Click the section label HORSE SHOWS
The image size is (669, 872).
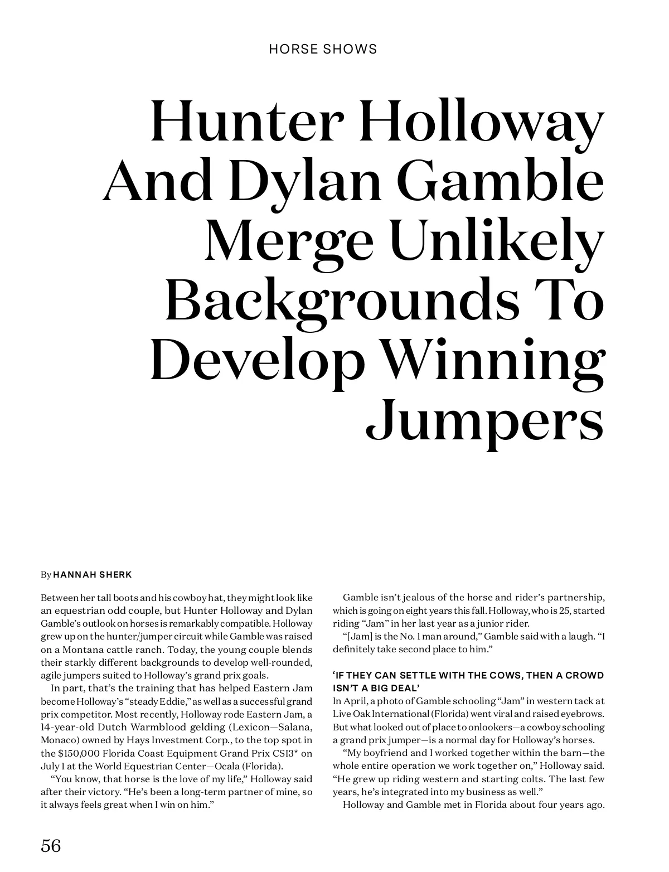pos(323,49)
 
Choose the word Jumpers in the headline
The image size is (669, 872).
pos(485,422)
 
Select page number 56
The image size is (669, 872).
pos(51,846)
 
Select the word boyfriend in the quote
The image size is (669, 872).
pos(390,753)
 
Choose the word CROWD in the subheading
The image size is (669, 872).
pos(584,676)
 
